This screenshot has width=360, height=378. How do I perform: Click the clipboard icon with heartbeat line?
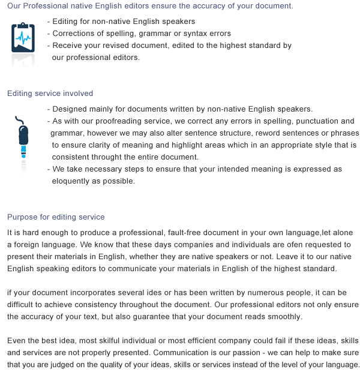pyautogui.click(x=23, y=37)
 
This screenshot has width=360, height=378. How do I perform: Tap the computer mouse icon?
pyautogui.click(x=23, y=137)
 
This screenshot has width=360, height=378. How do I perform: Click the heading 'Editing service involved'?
pyautogui.click(x=50, y=94)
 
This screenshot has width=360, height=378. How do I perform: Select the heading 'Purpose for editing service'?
pyautogui.click(x=56, y=217)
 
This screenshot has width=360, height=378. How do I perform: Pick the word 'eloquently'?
pyautogui.click(x=72, y=181)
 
